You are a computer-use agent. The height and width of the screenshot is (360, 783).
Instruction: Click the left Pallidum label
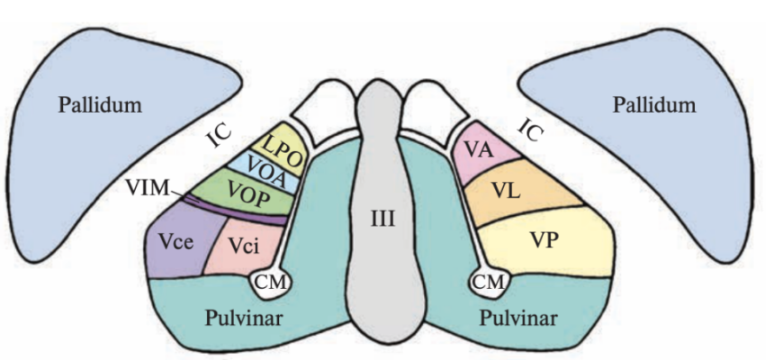click(x=101, y=105)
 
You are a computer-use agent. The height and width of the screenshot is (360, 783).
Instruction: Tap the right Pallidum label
click(x=654, y=105)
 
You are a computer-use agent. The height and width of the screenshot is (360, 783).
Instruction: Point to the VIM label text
click(x=145, y=188)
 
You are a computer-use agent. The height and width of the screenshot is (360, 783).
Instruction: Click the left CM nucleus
click(x=269, y=282)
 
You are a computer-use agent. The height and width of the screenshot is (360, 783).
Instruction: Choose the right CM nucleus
click(x=489, y=282)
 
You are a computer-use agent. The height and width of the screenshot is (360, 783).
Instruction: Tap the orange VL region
click(x=509, y=191)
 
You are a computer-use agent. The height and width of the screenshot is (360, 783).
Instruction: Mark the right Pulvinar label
click(x=517, y=318)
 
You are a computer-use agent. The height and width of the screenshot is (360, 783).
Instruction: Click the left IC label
click(x=218, y=137)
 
